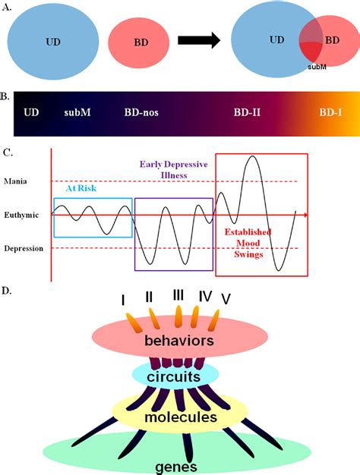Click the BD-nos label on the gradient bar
click(x=141, y=112)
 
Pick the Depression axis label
click(x=24, y=248)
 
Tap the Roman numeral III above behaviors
click(x=178, y=294)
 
